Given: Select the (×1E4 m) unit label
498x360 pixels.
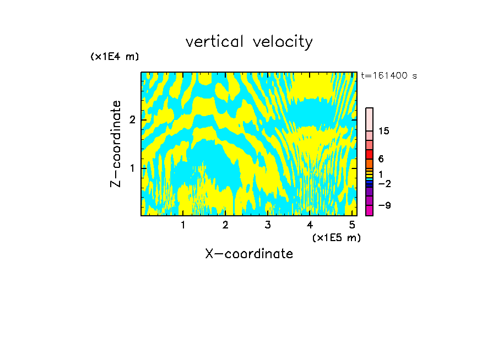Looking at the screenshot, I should point(115,57).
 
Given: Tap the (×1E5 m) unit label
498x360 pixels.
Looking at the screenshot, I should point(336,237).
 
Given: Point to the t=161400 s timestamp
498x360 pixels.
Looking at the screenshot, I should point(389,75).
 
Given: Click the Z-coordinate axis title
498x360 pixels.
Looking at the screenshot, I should point(116,144).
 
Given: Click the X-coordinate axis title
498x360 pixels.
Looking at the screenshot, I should point(249,254).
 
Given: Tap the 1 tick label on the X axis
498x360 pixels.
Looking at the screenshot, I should point(183,225).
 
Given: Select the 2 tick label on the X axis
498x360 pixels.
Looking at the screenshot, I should point(225,225).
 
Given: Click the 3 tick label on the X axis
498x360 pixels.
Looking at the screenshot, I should point(267,225).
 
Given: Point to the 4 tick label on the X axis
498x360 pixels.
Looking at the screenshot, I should point(310,225).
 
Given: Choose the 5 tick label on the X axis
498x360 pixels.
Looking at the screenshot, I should point(352,225).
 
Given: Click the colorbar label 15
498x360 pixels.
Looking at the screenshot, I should point(384,131).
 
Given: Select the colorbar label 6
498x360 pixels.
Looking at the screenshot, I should point(381,159).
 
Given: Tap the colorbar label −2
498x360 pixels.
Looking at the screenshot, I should point(384,183).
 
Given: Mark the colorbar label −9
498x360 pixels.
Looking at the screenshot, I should point(384,205).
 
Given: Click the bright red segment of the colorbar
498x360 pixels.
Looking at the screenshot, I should point(369,154).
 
